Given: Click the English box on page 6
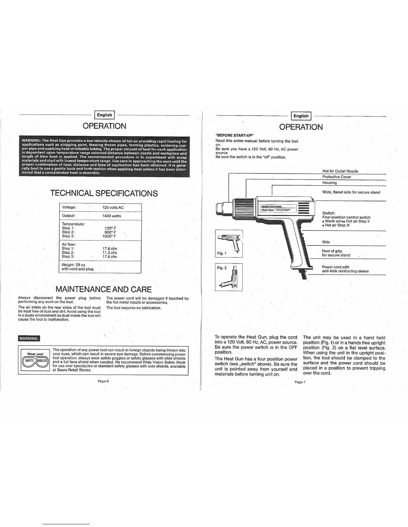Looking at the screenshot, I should point(105,115).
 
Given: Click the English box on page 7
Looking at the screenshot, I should point(301,116).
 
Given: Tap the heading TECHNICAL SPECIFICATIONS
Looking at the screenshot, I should point(104,193).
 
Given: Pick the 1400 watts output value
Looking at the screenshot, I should point(111,216).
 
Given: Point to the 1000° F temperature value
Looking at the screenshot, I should point(110,236).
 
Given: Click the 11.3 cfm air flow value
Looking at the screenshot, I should point(110,253).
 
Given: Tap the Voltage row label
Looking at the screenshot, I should point(69,208).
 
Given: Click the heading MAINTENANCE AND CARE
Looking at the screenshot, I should point(103,289).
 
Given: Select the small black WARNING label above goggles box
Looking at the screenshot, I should point(29,339).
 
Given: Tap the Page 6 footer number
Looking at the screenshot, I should point(103,381).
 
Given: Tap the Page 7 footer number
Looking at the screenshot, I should point(300,382).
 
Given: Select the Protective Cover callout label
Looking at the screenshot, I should point(336,177).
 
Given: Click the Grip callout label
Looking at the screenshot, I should point(326,242).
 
